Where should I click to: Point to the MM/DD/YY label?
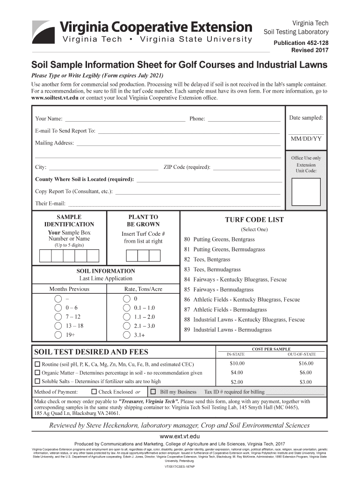coord(306,139)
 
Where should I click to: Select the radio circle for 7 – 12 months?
coord(58,317)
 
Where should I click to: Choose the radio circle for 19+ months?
coord(58,335)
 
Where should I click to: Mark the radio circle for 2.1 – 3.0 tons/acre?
coord(126,326)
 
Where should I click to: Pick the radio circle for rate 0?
coord(126,299)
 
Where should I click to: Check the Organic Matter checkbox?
coord(37,373)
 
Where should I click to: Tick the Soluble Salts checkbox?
coord(37,381)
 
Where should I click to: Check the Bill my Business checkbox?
coord(153,392)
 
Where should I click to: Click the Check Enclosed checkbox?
coord(94,392)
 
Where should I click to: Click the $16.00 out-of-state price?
coord(306,363)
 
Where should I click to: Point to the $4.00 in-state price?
coord(237,373)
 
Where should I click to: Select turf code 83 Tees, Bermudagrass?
coord(212,269)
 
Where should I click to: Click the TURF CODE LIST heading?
coord(254,220)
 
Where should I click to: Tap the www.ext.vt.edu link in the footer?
coord(180,436)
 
